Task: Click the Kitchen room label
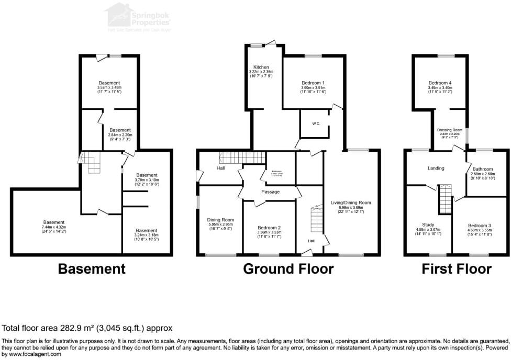point(261,67)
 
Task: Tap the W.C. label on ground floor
point(316,124)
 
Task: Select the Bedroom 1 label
point(313,83)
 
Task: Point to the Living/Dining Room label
point(351,203)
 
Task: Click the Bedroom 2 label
point(269,228)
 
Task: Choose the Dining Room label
point(220,220)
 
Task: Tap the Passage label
point(271,192)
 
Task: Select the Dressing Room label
point(450,130)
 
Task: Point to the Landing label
point(436,168)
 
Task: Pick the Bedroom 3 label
point(479,226)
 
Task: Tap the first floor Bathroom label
point(482,169)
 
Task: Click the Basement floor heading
point(92,269)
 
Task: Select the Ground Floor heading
point(288,269)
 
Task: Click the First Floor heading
point(457,269)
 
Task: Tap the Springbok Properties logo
point(141,17)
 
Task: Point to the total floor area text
point(87,328)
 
